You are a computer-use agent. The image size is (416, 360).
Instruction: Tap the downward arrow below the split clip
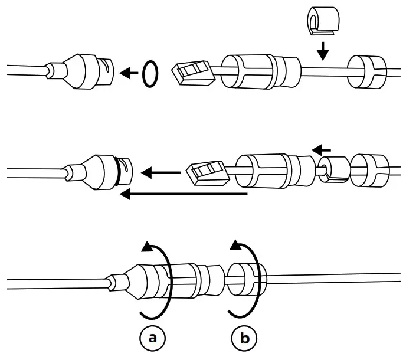(x=322, y=53)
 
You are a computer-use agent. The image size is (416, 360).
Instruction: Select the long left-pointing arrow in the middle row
(x=183, y=193)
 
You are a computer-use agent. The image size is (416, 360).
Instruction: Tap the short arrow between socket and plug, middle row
(x=162, y=174)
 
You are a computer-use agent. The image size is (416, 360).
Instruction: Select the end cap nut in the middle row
(x=369, y=170)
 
